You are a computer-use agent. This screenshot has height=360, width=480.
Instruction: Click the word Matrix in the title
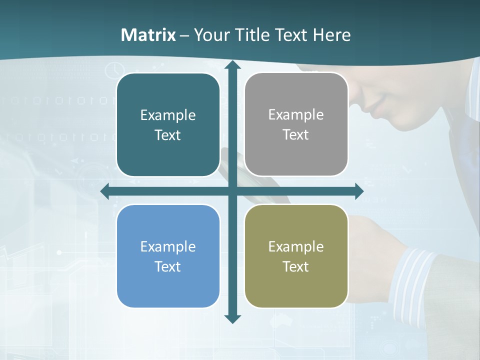(148, 35)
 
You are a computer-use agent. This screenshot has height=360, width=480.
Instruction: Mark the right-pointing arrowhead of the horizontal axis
(358, 191)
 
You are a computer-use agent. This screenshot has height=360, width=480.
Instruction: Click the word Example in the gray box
(296, 114)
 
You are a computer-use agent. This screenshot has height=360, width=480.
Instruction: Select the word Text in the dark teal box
(168, 135)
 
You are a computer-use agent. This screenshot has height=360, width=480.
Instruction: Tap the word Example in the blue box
(168, 246)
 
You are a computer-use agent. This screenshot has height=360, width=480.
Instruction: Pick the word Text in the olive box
(296, 266)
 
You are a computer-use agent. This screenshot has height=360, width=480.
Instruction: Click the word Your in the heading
(209, 35)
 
